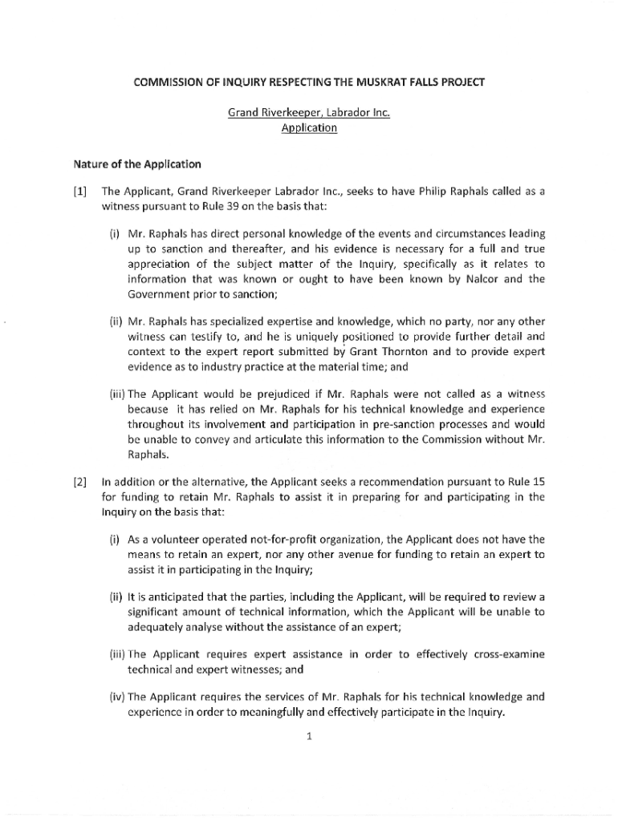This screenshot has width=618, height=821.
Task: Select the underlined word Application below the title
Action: pos(309,127)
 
